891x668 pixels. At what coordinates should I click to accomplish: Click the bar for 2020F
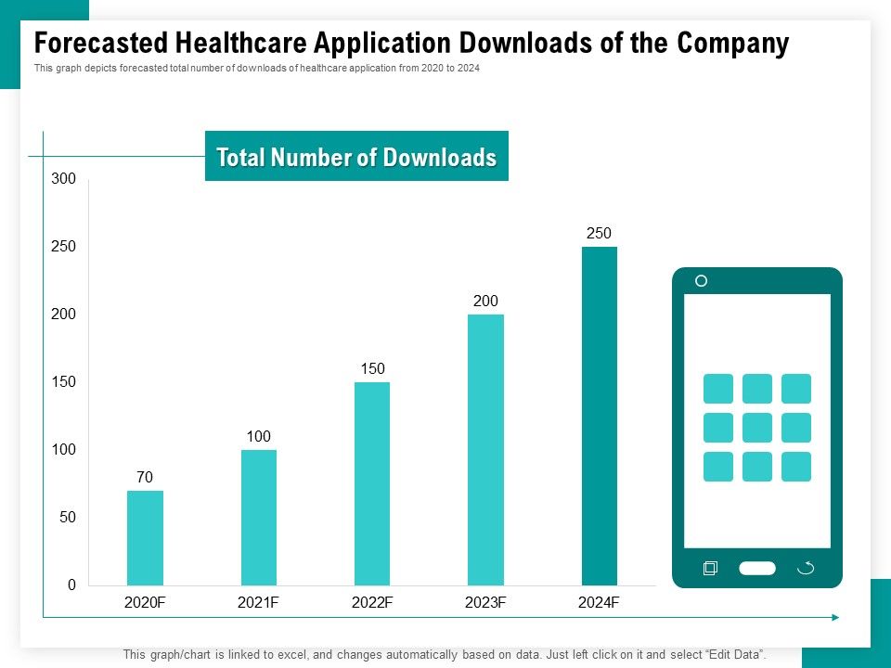[x=145, y=538]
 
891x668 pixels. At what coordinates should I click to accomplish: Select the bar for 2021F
[x=259, y=518]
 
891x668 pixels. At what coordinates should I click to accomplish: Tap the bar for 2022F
[x=372, y=483]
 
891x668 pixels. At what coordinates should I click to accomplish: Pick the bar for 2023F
[x=485, y=450]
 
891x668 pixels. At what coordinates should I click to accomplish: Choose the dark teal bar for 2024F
[x=600, y=416]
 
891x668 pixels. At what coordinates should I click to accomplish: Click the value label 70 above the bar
[x=145, y=478]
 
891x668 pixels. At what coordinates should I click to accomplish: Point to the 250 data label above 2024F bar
[x=599, y=234]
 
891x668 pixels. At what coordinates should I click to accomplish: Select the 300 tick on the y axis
[x=64, y=179]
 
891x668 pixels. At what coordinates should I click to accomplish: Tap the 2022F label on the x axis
[x=372, y=603]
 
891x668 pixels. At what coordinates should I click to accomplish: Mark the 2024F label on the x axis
[x=599, y=603]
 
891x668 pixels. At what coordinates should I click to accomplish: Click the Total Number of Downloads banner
[x=356, y=157]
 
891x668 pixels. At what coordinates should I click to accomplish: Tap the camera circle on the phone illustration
[x=702, y=281]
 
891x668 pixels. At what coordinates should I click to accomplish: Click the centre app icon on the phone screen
[x=757, y=428]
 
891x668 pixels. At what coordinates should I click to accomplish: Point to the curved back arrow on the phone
[x=806, y=568]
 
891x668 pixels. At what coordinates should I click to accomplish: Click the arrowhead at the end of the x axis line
[x=835, y=617]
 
